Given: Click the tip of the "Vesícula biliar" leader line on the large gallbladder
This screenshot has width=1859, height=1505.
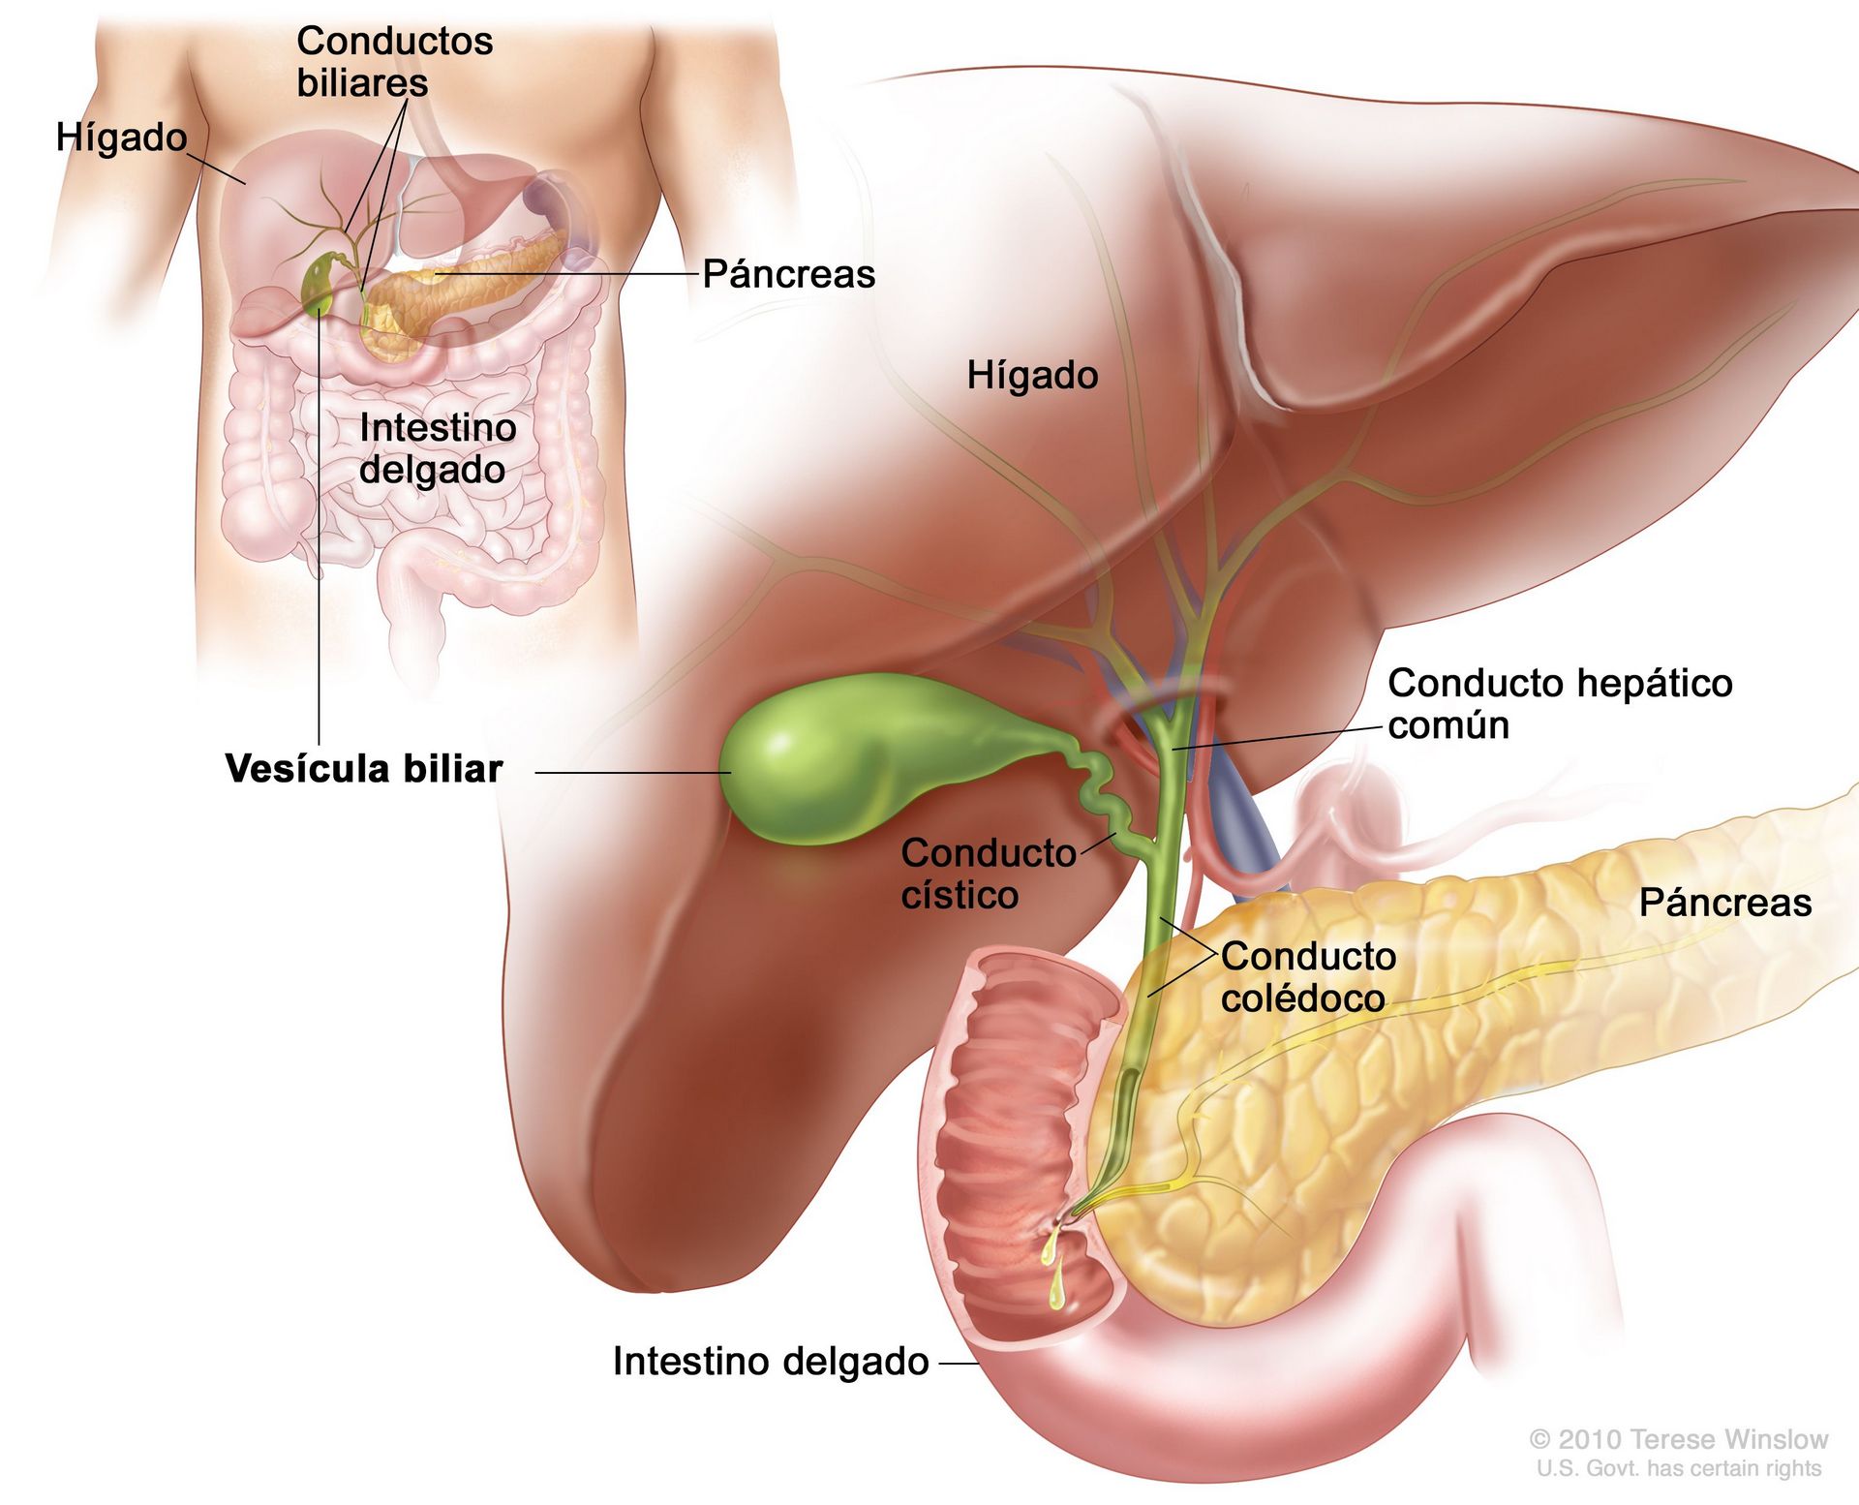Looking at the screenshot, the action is click(x=731, y=773).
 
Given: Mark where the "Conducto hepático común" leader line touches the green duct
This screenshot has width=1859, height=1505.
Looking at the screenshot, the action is click(x=1173, y=750).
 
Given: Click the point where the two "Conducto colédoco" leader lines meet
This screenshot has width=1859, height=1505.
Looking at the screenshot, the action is click(x=1216, y=955).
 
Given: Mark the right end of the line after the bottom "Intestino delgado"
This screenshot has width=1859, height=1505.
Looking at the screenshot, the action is click(x=979, y=1364).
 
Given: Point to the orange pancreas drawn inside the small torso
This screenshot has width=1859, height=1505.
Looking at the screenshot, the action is click(x=455, y=291).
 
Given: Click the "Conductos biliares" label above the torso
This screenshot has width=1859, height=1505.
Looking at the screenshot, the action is click(x=394, y=62).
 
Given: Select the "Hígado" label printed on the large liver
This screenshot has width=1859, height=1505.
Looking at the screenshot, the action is click(x=1032, y=376).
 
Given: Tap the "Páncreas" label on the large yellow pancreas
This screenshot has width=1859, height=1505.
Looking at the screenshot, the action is click(x=1724, y=903).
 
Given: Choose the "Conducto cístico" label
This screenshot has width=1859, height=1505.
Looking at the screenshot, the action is click(x=988, y=874).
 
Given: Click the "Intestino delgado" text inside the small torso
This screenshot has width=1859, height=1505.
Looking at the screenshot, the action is click(x=438, y=448).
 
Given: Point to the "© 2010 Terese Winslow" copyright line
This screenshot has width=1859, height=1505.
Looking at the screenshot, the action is click(x=1678, y=1439).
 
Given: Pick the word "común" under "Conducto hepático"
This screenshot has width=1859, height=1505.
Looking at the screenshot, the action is click(x=1448, y=725).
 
